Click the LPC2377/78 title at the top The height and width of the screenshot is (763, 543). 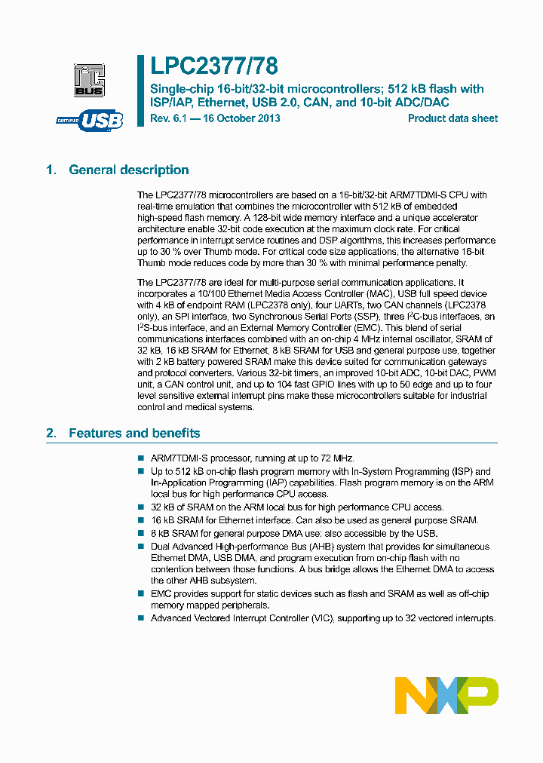[213, 66]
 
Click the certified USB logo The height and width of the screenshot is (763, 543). [90, 120]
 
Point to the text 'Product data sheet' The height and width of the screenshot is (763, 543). [452, 118]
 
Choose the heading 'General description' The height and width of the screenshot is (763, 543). [129, 170]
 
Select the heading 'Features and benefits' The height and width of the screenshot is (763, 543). [134, 433]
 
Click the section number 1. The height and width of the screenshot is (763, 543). [51, 170]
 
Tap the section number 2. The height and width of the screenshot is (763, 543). [51, 433]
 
